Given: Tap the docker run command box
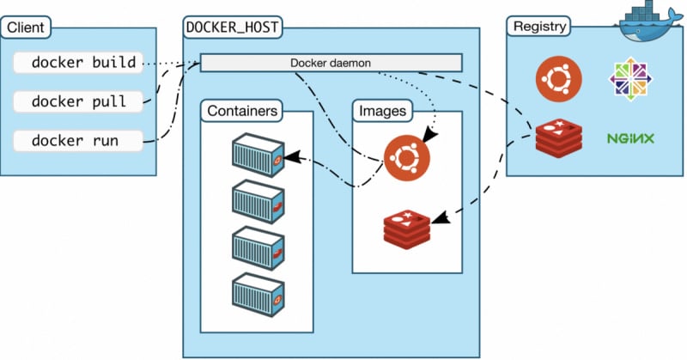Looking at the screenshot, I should point(77,140).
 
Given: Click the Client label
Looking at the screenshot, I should point(26,27).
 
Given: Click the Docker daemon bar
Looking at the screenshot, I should point(331,63).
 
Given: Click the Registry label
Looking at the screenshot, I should point(538,26).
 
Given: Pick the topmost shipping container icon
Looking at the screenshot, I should point(258,156).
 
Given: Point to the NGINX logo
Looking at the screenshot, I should point(631,137).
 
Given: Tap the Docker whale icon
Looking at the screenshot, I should point(649,21).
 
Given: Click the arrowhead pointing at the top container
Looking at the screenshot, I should point(291,157).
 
